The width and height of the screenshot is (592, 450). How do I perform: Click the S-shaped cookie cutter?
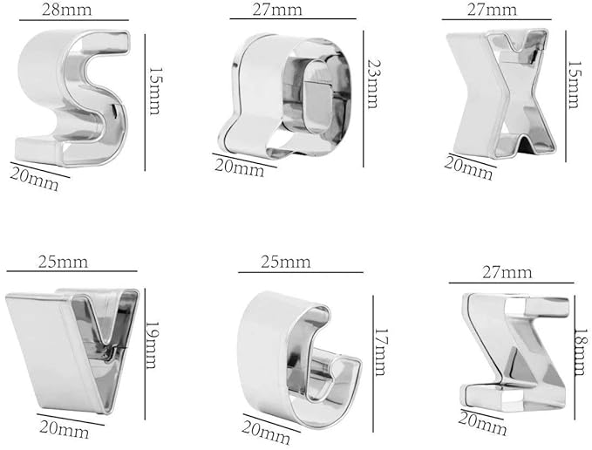pos(74,96)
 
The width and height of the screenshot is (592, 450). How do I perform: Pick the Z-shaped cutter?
pos(514,349)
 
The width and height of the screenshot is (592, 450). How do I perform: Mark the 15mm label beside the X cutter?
pos(575,85)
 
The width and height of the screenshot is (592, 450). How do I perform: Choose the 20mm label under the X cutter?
pos(469,167)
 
